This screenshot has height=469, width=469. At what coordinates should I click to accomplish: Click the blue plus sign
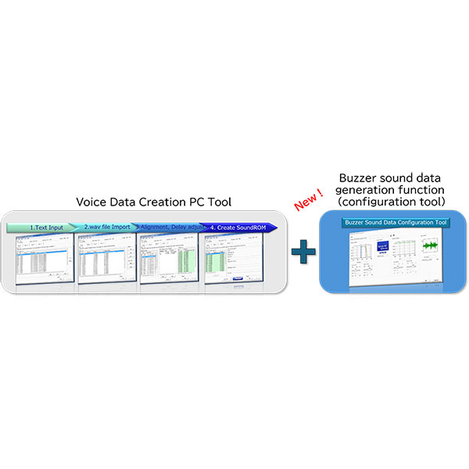tap(303, 253)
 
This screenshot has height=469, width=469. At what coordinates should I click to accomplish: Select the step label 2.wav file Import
tap(109, 227)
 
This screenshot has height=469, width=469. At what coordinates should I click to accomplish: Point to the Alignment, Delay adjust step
tap(173, 227)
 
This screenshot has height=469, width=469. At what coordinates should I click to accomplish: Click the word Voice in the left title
tap(92, 202)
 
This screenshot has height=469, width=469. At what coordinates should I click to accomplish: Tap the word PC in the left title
tap(194, 202)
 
